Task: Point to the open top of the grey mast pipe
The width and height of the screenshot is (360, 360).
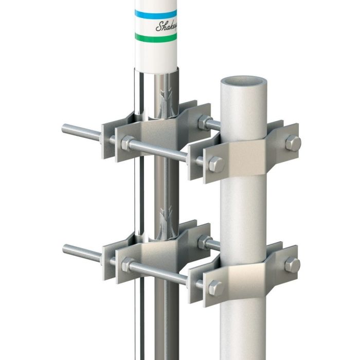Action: coord(243,82)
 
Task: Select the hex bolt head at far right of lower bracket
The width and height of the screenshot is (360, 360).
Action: coord(292,265)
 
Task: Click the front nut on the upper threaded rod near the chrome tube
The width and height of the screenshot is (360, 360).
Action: coord(127,143)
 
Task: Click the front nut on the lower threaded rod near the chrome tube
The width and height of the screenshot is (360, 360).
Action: coord(127,265)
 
